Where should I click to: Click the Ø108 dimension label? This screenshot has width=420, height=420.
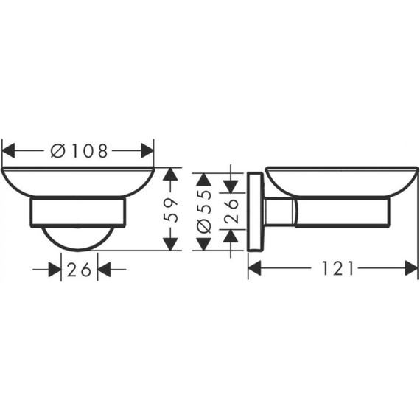pyautogui.click(x=79, y=150)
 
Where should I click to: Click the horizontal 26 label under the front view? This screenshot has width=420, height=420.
pyautogui.click(x=79, y=270)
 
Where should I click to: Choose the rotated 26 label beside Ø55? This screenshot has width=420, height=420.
pyautogui.click(x=231, y=210)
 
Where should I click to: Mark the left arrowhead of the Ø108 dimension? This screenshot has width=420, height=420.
pyautogui.click(x=9, y=150)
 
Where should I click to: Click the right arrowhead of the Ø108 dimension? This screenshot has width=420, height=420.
pyautogui.click(x=147, y=150)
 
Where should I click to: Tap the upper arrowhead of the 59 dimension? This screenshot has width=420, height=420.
pyautogui.click(x=171, y=175)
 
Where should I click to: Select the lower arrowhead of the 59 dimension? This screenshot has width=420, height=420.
pyautogui.click(x=171, y=243)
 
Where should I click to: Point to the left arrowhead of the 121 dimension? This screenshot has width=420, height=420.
pyautogui.click(x=255, y=269)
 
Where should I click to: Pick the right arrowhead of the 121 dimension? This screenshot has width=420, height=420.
pyautogui.click(x=411, y=269)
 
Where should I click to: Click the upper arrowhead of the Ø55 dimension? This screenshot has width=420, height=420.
pyautogui.click(x=204, y=180)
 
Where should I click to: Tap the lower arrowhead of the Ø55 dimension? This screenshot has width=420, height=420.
pyautogui.click(x=204, y=244)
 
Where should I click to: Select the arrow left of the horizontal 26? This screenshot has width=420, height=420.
pyautogui.click(x=54, y=270)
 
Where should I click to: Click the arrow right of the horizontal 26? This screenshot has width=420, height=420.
pyautogui.click(x=104, y=270)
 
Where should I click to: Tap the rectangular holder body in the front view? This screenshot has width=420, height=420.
pyautogui.click(x=78, y=212)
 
